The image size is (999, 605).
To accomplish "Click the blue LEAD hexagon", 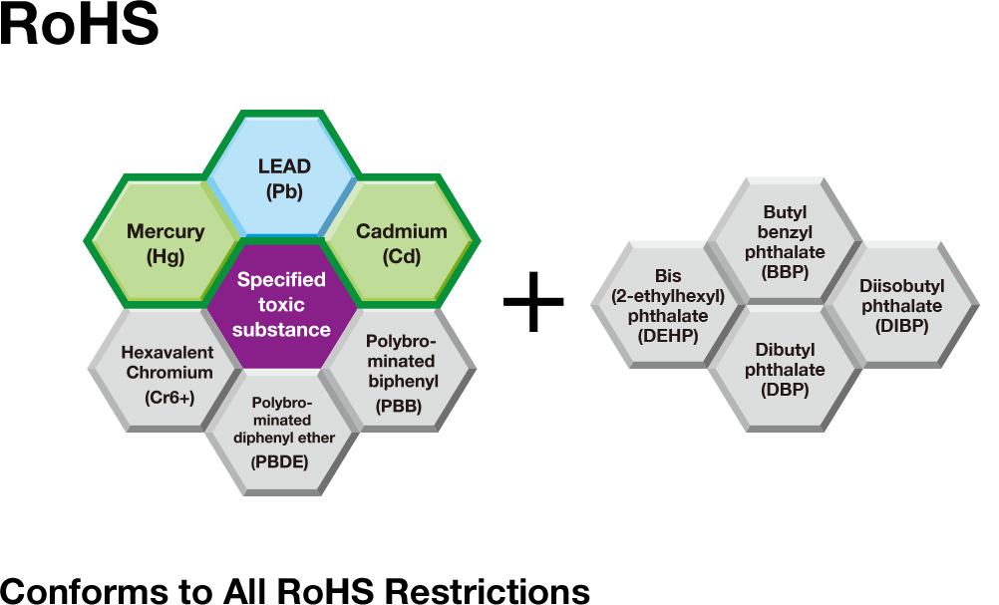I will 283,177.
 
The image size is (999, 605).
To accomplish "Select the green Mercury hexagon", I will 165,242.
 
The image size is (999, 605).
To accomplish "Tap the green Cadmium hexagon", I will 401,242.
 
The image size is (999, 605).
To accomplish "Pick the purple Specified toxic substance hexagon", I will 282,305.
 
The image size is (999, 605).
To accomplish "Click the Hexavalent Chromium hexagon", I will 166,374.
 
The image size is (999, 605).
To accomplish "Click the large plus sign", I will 534,299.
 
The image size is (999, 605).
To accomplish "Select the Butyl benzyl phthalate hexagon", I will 785,242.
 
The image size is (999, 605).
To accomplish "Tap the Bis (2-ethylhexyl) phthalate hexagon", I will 668,305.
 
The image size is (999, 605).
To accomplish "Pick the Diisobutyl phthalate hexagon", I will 901,305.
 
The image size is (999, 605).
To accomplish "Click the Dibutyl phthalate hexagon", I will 785,370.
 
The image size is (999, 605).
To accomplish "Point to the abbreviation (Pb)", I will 284,192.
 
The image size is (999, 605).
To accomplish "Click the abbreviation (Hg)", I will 165,256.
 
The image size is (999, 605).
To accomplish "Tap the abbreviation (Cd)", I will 401,256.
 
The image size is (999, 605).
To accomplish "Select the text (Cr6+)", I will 167,397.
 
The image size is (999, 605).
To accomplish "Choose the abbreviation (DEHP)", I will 668,336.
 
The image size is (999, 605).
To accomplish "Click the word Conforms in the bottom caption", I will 88,591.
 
